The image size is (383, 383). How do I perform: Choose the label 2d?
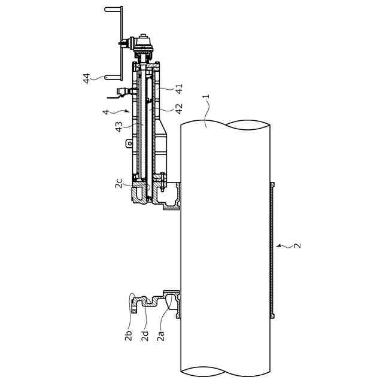[x=145, y=336]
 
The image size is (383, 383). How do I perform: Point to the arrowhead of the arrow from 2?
[x=278, y=245]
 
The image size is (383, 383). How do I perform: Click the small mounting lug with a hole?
[x=127, y=143]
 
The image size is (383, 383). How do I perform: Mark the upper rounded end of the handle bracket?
[x=107, y=10]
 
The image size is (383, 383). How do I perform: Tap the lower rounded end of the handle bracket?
[x=107, y=77]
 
